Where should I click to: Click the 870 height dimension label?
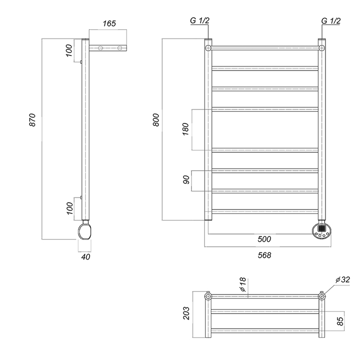(x=32, y=120)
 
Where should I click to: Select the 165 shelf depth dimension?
(x=109, y=24)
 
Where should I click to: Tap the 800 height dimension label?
(x=156, y=120)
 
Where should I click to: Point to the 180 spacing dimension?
(x=185, y=129)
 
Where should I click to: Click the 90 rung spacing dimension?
(x=186, y=180)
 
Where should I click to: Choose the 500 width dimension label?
(x=264, y=239)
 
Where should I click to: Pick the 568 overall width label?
(x=264, y=255)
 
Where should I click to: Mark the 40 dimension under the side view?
(x=86, y=257)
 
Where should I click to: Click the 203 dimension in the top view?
(x=186, y=313)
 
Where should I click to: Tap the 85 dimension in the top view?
(x=340, y=321)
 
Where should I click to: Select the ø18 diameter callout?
(x=243, y=284)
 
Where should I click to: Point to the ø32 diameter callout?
(x=343, y=280)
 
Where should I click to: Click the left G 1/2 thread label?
(x=200, y=21)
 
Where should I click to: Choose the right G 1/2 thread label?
(x=331, y=21)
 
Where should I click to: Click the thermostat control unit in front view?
(x=321, y=230)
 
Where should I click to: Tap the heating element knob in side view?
(x=85, y=231)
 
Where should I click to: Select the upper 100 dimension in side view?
(x=69, y=50)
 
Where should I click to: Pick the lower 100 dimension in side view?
(x=69, y=208)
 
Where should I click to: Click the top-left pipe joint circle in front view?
(x=208, y=48)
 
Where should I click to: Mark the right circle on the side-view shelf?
(x=120, y=48)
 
